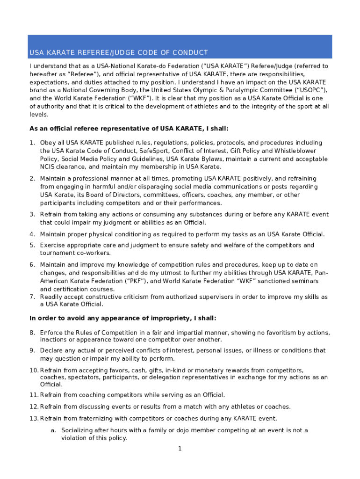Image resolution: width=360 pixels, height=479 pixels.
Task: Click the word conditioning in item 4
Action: coord(130,234)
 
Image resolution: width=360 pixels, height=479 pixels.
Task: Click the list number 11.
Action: coord(33,395)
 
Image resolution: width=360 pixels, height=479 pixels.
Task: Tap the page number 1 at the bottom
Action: coord(180,449)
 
